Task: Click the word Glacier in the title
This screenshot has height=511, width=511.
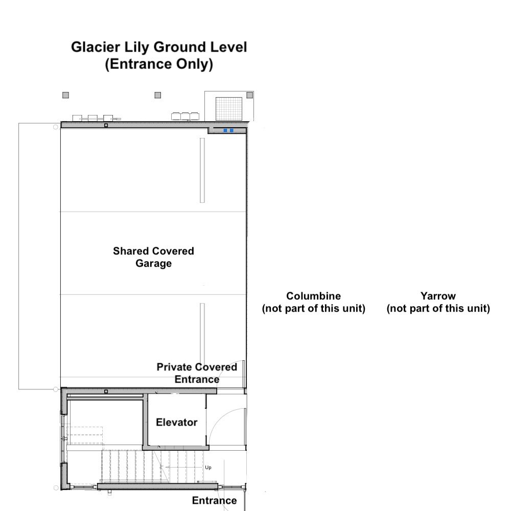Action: [x=96, y=47]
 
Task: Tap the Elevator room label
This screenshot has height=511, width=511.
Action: [x=177, y=423]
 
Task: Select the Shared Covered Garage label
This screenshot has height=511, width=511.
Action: [x=153, y=257]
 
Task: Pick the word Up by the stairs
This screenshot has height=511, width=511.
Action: [x=208, y=468]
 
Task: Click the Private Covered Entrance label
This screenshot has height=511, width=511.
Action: [x=197, y=373]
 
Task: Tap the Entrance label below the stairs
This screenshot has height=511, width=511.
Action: [x=215, y=500]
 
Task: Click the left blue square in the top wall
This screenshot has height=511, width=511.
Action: [x=225, y=131]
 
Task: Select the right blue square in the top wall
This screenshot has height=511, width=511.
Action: [x=231, y=131]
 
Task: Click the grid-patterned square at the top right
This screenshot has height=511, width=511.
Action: [x=229, y=108]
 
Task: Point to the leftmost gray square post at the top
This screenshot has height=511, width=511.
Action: [x=65, y=95]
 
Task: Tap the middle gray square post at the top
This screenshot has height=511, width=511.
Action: [x=158, y=95]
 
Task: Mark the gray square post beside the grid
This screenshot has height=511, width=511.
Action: [x=250, y=95]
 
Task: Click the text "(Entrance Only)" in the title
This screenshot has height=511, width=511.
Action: [x=159, y=64]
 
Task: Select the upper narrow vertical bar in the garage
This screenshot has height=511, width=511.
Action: [x=202, y=171]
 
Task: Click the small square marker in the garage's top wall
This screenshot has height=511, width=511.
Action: [x=106, y=126]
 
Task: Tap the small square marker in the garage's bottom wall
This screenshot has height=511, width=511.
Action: [x=106, y=391]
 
